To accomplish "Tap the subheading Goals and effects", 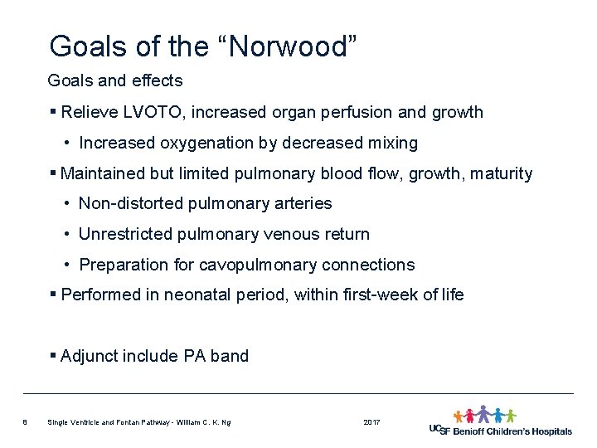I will coord(115,80).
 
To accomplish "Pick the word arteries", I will coord(302,203).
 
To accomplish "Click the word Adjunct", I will coord(90,356).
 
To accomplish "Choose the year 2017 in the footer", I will coord(371,423).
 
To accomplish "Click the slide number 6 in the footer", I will coord(26,423).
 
